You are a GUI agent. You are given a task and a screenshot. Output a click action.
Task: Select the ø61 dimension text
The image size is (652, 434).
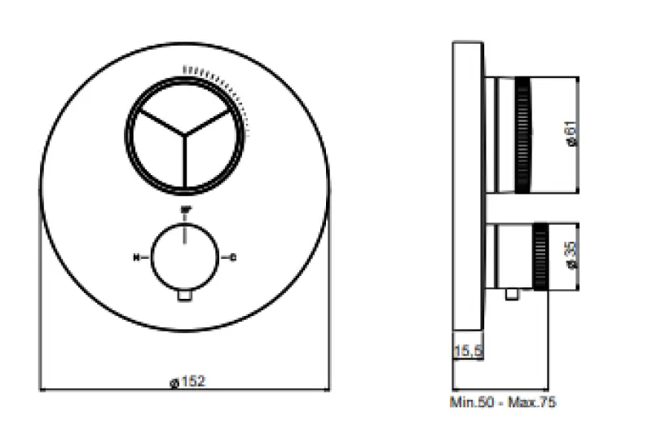[x=571, y=134]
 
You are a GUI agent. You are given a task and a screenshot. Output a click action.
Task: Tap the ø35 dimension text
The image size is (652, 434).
[x=571, y=253]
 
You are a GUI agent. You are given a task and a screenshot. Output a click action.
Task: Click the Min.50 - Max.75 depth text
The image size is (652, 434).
[x=504, y=402]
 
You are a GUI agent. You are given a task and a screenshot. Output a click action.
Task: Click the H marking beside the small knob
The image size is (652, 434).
[x=135, y=258]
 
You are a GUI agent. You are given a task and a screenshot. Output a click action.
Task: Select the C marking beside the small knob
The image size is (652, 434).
[x=235, y=258]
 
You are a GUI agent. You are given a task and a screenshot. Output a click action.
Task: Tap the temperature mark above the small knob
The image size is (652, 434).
[x=185, y=209]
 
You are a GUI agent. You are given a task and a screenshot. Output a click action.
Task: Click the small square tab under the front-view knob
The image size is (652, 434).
[x=185, y=298]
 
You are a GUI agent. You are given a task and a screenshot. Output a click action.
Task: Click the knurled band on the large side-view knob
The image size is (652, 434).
[x=522, y=134]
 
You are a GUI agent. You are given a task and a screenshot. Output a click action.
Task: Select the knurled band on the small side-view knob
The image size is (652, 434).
[x=540, y=254]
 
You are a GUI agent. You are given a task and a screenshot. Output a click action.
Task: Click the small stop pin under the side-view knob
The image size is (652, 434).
[x=512, y=295]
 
